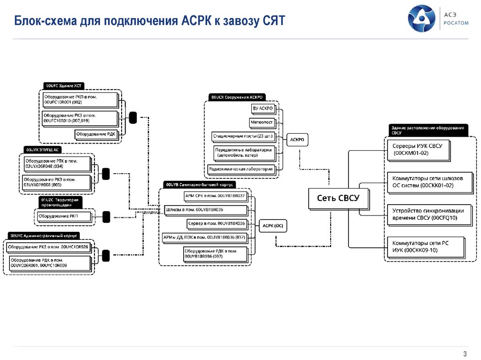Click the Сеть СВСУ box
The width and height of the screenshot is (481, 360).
tap(338, 199)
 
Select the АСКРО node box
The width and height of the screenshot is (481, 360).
tap(297, 140)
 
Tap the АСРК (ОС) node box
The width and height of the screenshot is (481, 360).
tap(272, 226)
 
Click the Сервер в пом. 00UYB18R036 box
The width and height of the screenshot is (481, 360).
tap(217, 223)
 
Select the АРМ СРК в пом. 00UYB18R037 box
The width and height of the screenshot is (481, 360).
tap(214, 195)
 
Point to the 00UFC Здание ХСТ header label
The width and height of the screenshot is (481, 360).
tap(64, 85)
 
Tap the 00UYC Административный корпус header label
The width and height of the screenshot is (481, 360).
tap(44, 236)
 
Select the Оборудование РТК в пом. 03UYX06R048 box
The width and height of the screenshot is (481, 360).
tap(57, 163)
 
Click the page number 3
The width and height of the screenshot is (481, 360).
tap(465, 353)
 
